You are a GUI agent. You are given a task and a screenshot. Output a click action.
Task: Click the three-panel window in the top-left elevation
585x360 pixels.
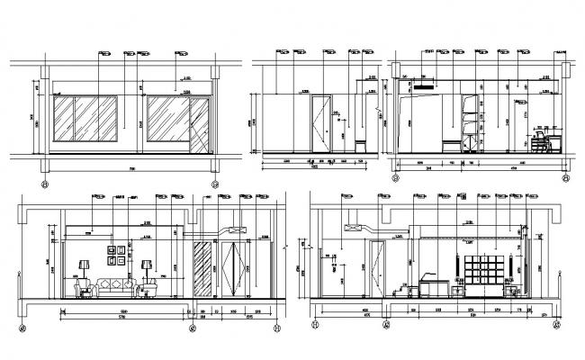click(88, 121)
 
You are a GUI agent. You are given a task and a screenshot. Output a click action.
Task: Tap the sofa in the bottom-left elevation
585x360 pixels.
click(115, 287)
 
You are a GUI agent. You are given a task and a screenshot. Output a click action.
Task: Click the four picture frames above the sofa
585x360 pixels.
click(115, 255)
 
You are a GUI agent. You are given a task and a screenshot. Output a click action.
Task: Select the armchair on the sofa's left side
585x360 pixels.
click(86, 288)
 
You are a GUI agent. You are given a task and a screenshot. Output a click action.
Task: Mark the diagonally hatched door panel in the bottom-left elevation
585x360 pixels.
click(204, 267)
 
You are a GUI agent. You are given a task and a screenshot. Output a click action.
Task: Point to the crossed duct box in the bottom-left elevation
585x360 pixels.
click(238, 229)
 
